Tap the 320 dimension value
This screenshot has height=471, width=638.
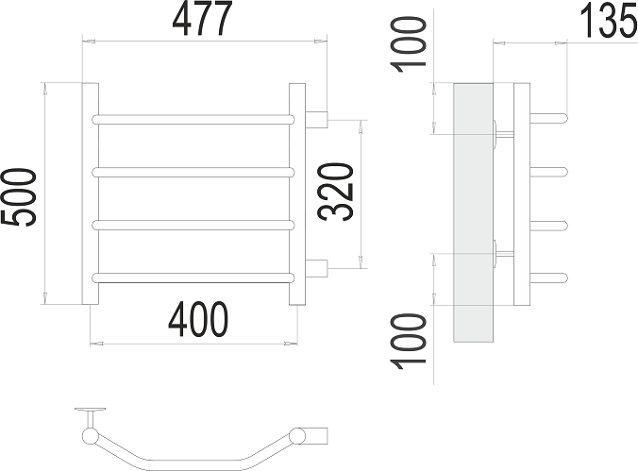coord(339,192)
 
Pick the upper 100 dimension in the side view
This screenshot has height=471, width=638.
coord(410,46)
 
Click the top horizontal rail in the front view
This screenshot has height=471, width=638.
coord(194,119)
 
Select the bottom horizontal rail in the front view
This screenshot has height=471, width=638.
coord(194,276)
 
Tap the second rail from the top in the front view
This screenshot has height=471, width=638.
coord(194,172)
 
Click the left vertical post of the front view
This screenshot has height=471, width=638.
coord(91,194)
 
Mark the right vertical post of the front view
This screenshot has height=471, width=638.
coord(297,194)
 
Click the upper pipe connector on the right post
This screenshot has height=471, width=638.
coord(318,119)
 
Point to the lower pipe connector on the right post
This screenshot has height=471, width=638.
coord(318,267)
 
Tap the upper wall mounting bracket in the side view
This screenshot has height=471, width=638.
coord(500,133)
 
